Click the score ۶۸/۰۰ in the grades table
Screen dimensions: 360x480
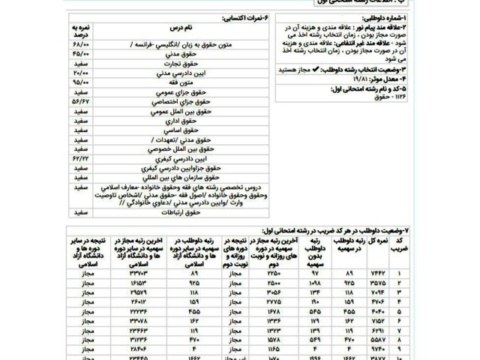(79, 43)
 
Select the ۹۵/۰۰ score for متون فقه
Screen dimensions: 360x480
(79, 85)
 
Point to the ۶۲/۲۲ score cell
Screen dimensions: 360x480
(79, 159)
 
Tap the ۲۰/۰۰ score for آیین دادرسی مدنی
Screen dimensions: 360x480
(79, 74)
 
